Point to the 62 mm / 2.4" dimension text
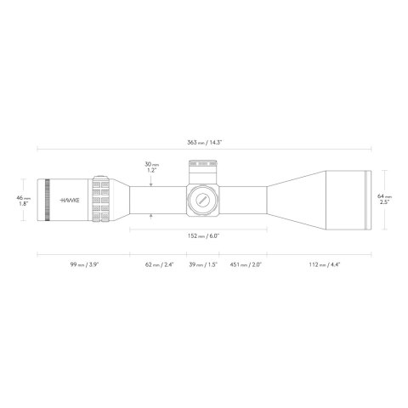pos(158,265)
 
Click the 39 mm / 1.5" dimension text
pos(203,265)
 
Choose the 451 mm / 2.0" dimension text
pos(245,265)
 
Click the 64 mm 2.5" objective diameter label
pos(385,198)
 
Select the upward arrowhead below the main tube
pos(150,217)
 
